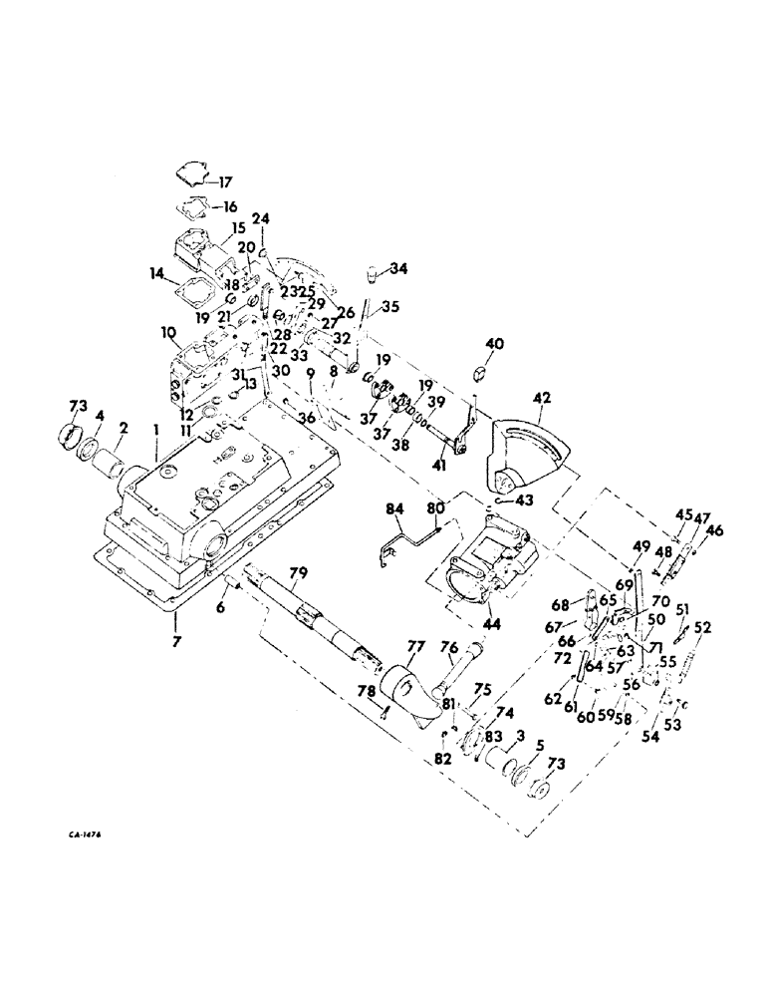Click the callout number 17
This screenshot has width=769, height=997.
pos(225,182)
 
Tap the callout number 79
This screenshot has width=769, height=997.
pos(299,572)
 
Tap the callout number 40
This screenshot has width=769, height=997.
pos(495,344)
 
